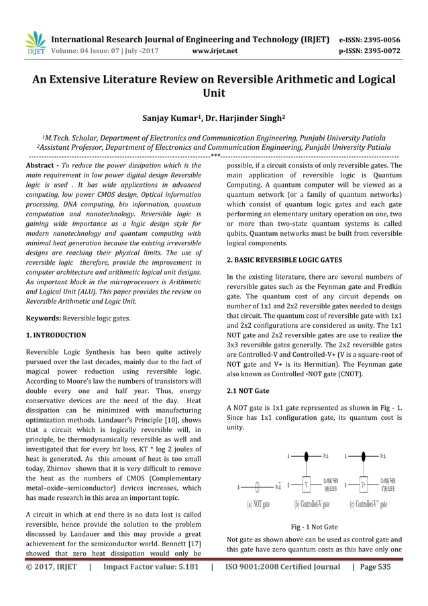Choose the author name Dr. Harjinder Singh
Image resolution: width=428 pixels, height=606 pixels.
pos(241,120)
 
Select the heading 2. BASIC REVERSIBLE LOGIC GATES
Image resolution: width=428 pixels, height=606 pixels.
pos(284,259)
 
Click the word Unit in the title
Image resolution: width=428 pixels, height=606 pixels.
pos(213,95)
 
